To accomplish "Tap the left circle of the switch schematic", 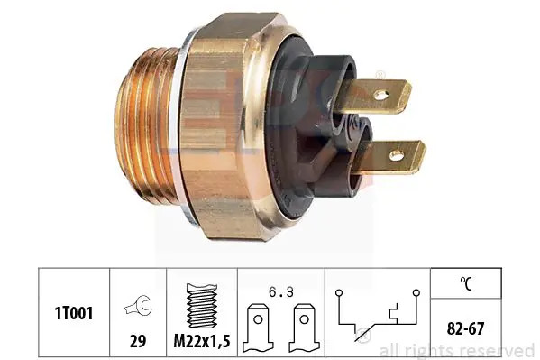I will tap(340, 293).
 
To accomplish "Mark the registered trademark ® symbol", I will tap(380, 74).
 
